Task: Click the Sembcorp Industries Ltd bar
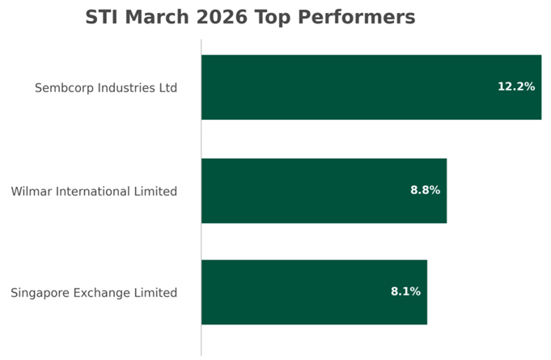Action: pyautogui.click(x=371, y=87)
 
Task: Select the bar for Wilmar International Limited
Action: pyautogui.click(x=324, y=191)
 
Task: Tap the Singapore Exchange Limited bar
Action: pyautogui.click(x=314, y=292)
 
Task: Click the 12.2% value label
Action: pyautogui.click(x=515, y=87)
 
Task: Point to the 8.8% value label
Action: pyautogui.click(x=425, y=191)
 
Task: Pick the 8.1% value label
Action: pyautogui.click(x=405, y=292)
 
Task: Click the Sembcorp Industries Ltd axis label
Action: pyautogui.click(x=105, y=87)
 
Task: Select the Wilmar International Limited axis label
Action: pyautogui.click(x=94, y=192)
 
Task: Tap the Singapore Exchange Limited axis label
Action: pyautogui.click(x=94, y=293)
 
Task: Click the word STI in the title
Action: pyautogui.click(x=104, y=17)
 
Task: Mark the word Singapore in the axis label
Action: pyautogui.click(x=40, y=293)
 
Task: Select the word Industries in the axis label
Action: pyautogui.click(x=125, y=87)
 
